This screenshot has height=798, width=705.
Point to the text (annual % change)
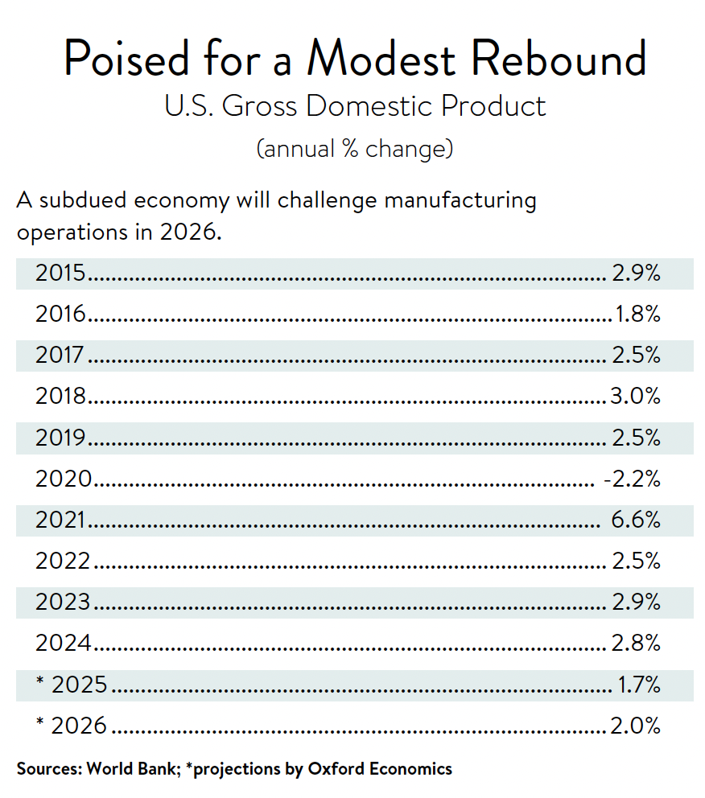pos(354,149)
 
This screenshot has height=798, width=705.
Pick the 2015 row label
pos(60,274)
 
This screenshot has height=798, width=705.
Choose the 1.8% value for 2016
pos(638,315)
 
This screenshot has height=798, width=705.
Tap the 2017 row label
pos(60,356)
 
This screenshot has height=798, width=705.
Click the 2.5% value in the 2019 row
pos(636,438)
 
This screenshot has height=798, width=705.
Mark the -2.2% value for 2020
pos(632,479)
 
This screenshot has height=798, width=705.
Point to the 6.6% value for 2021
pos(636,520)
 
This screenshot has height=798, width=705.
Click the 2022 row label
pos(63,561)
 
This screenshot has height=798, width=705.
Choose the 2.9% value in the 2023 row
pos(636,603)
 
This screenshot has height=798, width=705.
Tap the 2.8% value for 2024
pos(636,644)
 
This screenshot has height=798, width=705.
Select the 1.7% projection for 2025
pos(640,685)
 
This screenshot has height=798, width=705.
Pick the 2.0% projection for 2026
pos(636,726)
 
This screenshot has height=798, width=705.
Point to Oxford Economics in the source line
pos(380,768)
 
